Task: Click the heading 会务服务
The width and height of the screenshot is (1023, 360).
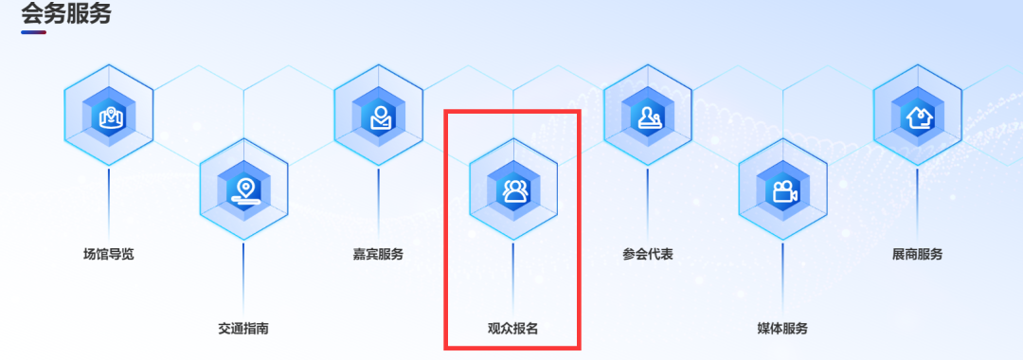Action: (65, 13)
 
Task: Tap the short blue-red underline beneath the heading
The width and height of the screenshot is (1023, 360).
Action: (34, 32)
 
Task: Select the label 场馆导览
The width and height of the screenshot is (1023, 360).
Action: (109, 254)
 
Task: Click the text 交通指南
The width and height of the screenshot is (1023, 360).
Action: (243, 329)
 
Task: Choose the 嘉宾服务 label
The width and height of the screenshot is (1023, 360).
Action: (378, 254)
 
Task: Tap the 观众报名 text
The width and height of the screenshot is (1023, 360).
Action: (512, 329)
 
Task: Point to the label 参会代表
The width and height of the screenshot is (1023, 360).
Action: (648, 254)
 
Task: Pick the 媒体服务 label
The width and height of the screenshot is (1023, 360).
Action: (782, 329)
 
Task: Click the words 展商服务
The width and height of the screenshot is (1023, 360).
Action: (917, 254)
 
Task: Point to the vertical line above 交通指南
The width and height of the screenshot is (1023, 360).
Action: (243, 275)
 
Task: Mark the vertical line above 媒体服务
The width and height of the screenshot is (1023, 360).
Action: (782, 275)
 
